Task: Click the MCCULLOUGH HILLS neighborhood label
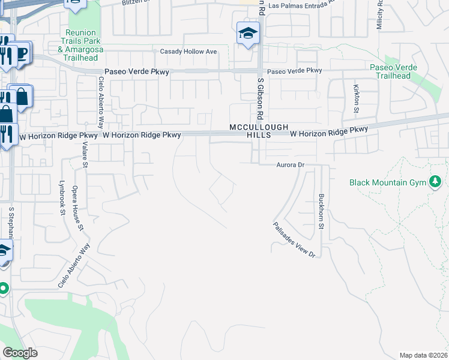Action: point(259,131)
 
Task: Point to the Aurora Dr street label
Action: point(291,164)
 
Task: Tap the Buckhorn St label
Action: point(322,212)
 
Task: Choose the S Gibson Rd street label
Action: point(261,98)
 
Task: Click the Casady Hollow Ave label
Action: point(188,52)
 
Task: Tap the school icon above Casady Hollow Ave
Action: point(248,34)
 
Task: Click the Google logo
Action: point(20,353)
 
